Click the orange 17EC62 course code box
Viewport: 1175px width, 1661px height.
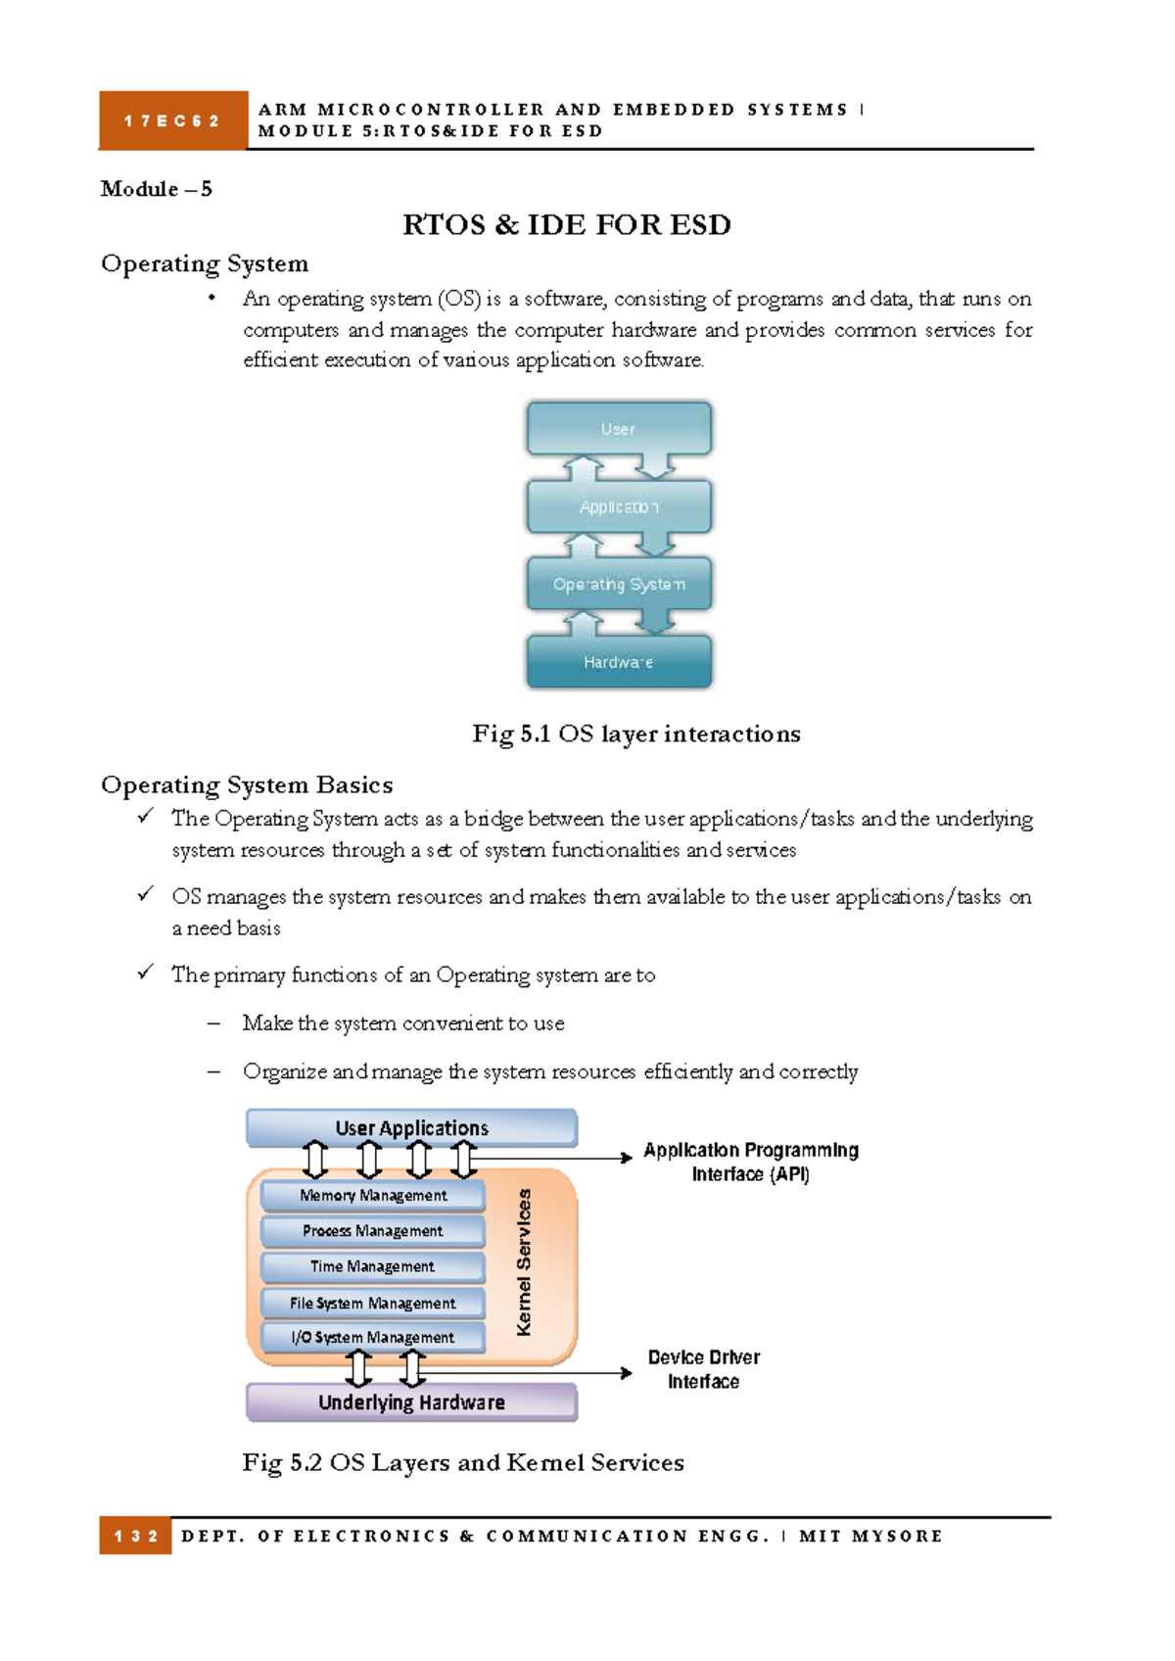pos(172,120)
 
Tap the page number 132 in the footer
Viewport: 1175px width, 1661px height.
pos(135,1536)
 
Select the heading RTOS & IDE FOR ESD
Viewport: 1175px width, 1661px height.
pos(566,225)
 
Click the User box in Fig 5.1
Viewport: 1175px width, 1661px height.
pos(619,429)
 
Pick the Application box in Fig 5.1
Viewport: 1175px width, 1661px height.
pos(619,506)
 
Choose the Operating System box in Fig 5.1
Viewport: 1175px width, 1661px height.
pos(619,584)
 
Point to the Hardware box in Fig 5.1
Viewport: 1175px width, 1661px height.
pos(619,662)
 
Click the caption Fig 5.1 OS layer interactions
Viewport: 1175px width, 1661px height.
pos(636,734)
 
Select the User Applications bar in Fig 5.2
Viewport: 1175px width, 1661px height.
pos(411,1127)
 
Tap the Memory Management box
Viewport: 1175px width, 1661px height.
pos(373,1195)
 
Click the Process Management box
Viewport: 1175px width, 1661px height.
pos(373,1230)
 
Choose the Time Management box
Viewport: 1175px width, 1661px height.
pos(373,1266)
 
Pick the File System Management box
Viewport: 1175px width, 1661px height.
pos(373,1303)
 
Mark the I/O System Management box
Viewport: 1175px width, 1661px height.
pos(373,1337)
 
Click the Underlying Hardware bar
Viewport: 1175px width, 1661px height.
pos(411,1402)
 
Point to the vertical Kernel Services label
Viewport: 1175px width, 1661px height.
pos(525,1261)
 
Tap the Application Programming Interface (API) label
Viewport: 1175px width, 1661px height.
pos(751,1162)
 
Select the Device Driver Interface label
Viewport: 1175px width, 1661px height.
pos(703,1369)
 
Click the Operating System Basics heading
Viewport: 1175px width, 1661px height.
pos(247,784)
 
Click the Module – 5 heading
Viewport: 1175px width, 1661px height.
pos(156,189)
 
